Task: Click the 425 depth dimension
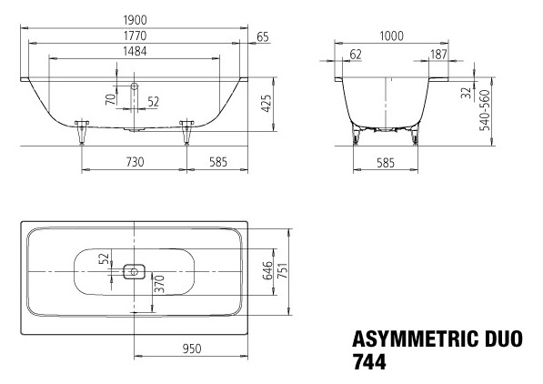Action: coord(266,102)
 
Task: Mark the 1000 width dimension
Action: coord(392,35)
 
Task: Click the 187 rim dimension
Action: coord(437,55)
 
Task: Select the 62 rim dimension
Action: coord(355,55)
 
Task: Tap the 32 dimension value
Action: coord(466,91)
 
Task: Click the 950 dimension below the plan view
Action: coord(191,348)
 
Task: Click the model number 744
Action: coord(369,361)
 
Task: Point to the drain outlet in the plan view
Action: coord(134,270)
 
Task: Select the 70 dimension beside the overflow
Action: coord(110,99)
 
